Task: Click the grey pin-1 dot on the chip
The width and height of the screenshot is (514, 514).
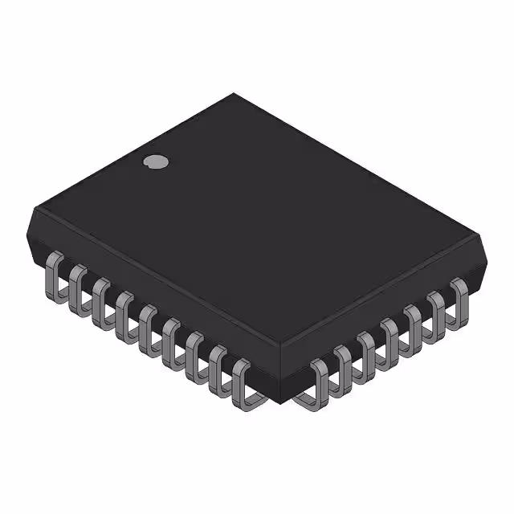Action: pyautogui.click(x=156, y=161)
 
